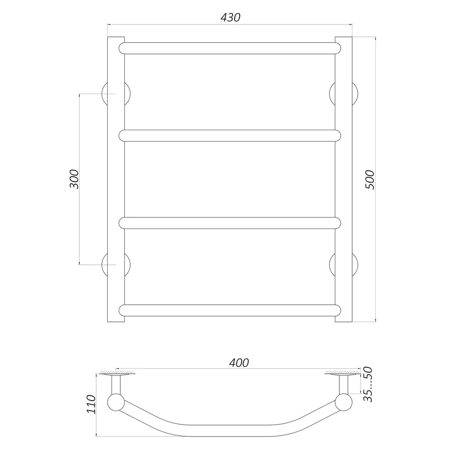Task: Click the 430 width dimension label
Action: tap(230, 18)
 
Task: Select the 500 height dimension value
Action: tap(370, 180)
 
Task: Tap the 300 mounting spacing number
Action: tap(74, 179)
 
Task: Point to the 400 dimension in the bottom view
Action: tap(239, 363)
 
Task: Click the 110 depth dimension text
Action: tap(91, 404)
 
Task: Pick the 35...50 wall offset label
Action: tap(368, 384)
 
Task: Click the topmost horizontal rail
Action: tap(230, 48)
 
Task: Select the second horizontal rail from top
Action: tap(230, 136)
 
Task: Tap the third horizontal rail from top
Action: tap(230, 223)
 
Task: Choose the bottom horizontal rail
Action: tap(230, 310)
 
